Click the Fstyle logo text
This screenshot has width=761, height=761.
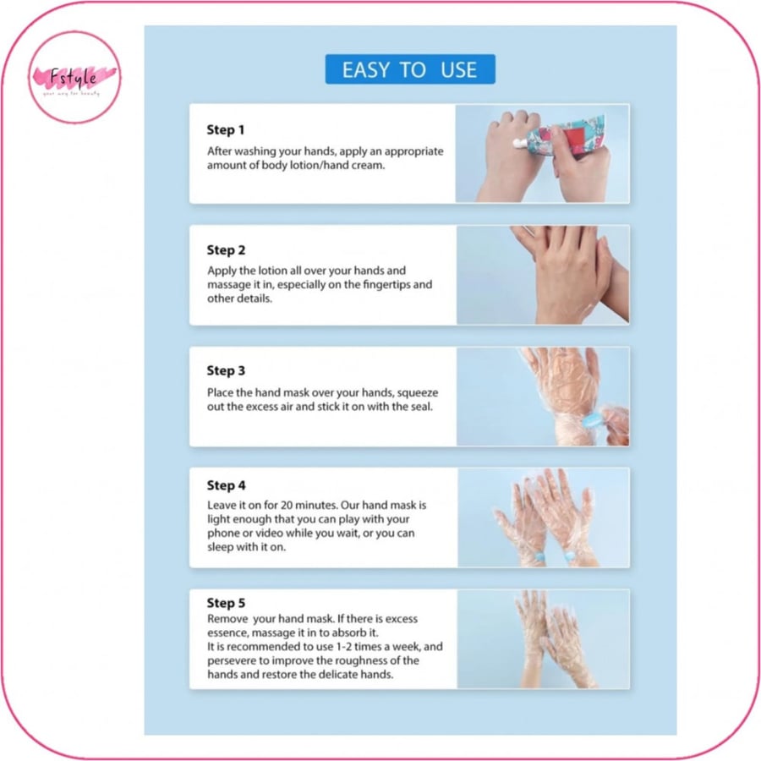click(x=74, y=77)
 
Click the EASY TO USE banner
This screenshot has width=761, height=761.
click(x=410, y=69)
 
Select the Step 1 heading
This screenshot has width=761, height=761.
click(x=226, y=130)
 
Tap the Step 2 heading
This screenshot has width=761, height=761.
click(x=226, y=250)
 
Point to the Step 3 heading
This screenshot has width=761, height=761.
click(x=226, y=371)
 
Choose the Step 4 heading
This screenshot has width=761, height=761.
click(x=226, y=485)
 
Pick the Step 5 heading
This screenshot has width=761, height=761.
click(x=226, y=603)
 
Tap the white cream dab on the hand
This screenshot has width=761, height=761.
click(x=520, y=142)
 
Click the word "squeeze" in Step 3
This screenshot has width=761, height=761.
click(x=418, y=393)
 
